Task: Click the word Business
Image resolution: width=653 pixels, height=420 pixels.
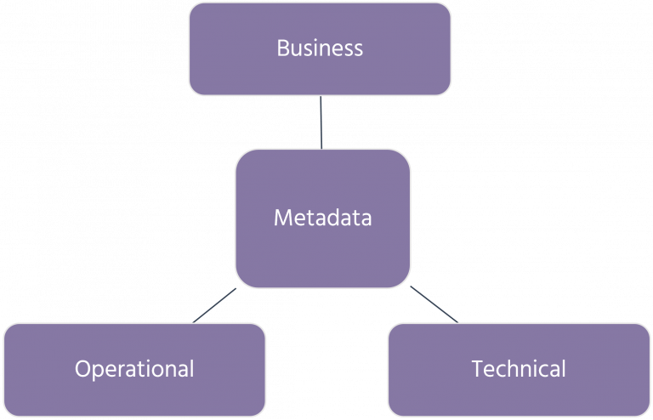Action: pyautogui.click(x=320, y=48)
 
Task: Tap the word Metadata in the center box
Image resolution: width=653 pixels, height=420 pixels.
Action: pyautogui.click(x=322, y=219)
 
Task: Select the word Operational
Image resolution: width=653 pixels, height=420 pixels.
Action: pyautogui.click(x=134, y=369)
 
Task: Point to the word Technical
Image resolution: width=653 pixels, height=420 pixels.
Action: pyautogui.click(x=519, y=369)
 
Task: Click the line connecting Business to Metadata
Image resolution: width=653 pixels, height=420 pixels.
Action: pyautogui.click(x=321, y=122)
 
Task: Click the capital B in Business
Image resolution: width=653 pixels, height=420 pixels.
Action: pyautogui.click(x=283, y=48)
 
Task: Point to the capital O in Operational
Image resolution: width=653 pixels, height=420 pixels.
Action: pyautogui.click(x=82, y=369)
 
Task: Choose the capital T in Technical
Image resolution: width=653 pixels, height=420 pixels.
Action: pyautogui.click(x=476, y=369)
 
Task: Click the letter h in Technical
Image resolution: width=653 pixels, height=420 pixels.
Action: pyautogui.click(x=508, y=369)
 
